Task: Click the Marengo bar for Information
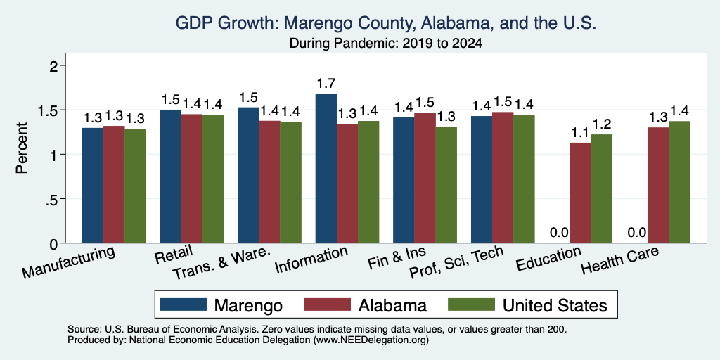pos(326,168)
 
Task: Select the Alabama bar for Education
pos(580,193)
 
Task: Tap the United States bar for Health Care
pos(680,182)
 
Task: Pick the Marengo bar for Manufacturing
pos(93,186)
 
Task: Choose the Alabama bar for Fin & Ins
pos(425,178)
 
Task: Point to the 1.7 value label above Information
pos(326,84)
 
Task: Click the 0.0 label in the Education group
pos(559,233)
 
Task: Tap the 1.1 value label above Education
pos(580,133)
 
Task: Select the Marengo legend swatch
pos(183,304)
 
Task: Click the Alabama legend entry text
pos(392,305)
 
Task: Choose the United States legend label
pos(555,305)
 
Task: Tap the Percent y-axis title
pos(22,148)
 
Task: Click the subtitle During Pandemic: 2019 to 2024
pos(386,44)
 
